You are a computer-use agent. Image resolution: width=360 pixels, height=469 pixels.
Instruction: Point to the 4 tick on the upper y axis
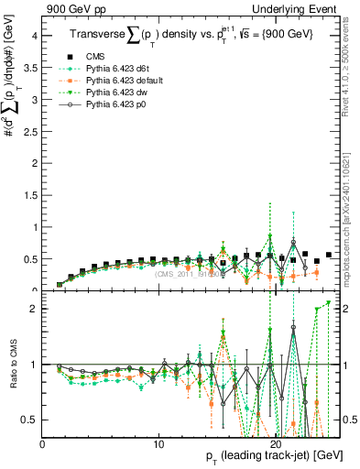pyautogui.click(x=35, y=36)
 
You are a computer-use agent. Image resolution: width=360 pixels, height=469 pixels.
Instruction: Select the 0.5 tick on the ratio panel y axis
pyautogui.click(x=31, y=420)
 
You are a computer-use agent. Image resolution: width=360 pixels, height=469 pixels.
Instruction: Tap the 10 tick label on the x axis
pyautogui.click(x=158, y=444)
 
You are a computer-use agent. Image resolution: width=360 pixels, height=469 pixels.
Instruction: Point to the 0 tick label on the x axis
pyautogui.click(x=42, y=444)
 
